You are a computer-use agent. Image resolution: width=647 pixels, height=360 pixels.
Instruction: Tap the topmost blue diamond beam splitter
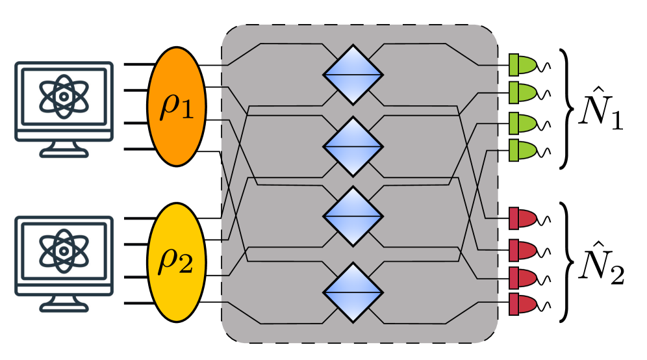353,75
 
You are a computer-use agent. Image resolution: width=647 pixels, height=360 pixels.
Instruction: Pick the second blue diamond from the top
353,146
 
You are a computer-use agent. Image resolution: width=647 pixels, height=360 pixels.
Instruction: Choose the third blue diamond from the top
353,216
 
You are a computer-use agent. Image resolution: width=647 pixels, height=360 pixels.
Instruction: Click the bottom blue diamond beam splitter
353,292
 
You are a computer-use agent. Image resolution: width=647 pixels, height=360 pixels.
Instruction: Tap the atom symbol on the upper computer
64,96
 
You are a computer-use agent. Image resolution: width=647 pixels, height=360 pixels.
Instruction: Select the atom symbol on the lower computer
64,250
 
